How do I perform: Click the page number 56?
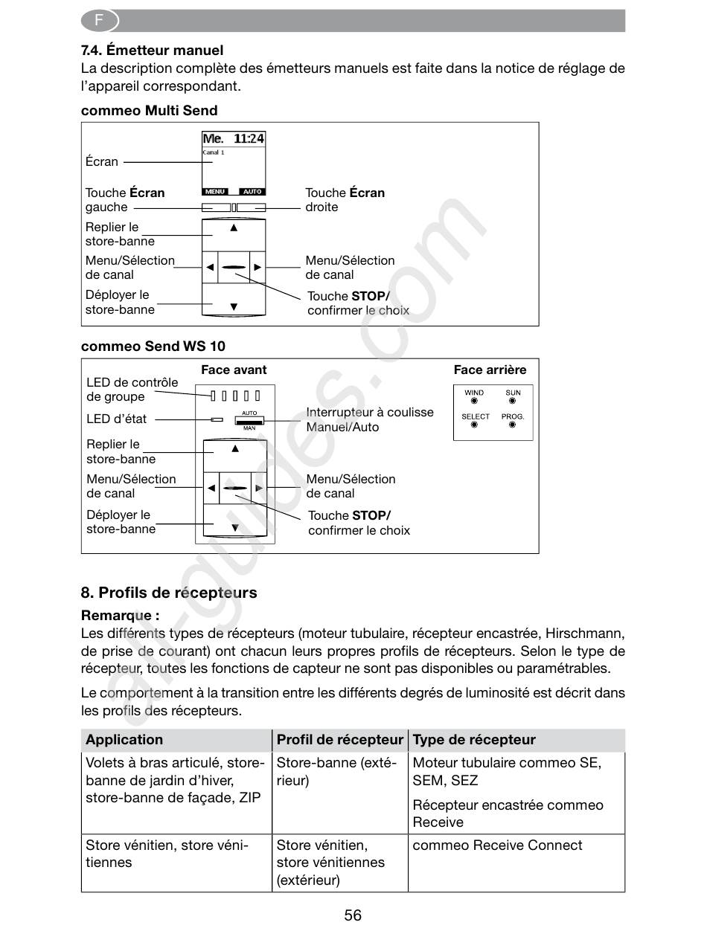coord(353,915)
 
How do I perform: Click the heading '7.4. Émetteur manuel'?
coord(152,51)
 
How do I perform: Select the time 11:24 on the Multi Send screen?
coord(249,139)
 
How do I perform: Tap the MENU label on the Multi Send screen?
coord(215,191)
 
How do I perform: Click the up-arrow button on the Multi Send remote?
coord(234,228)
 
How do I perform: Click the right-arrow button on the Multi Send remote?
coord(257,267)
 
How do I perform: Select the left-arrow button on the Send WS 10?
coord(211,489)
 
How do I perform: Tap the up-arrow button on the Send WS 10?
coord(234,448)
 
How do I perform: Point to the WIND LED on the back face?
coord(474,401)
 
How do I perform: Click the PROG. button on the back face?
coord(513,425)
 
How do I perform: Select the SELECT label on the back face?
coord(475,416)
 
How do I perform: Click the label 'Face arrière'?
coord(490,370)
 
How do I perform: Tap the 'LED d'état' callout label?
coord(116,419)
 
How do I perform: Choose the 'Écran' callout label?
coord(102,161)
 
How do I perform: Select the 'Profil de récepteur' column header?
coord(339,740)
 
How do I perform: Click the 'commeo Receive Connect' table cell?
coord(497,845)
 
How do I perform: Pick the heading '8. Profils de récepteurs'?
coord(169,593)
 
